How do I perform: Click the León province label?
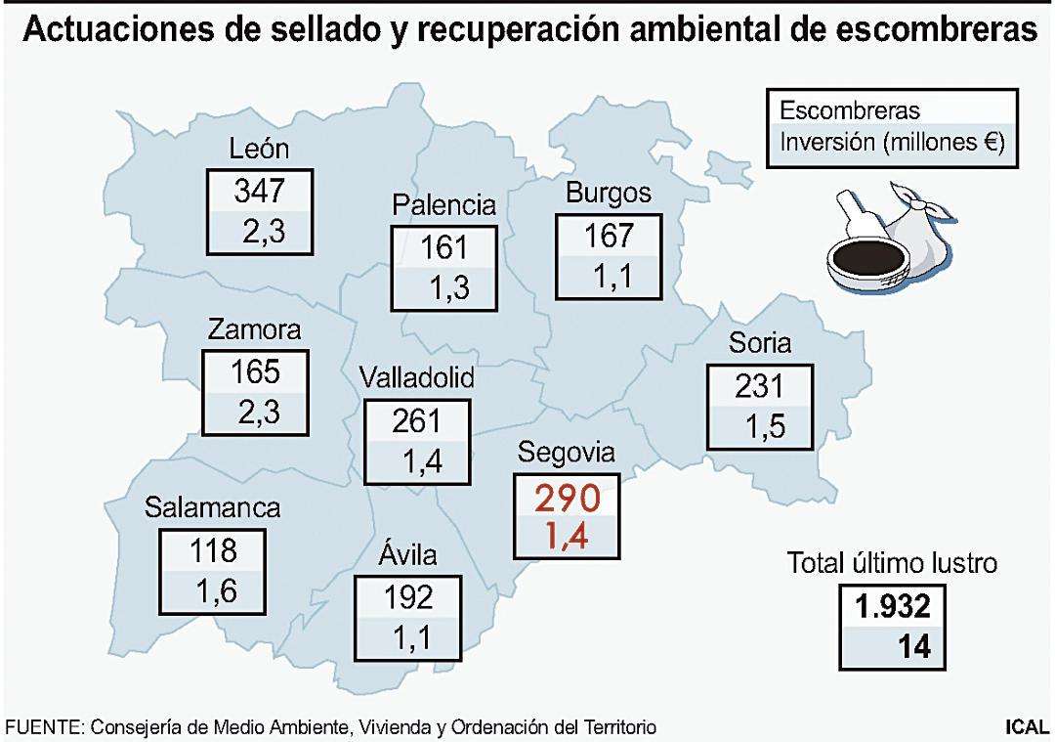[259, 149]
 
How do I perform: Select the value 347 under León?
[259, 191]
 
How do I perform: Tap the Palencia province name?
[444, 205]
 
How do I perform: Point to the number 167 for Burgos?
[608, 236]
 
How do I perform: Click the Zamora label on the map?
[254, 330]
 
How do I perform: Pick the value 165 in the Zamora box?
[254, 372]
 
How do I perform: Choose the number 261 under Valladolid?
[416, 421]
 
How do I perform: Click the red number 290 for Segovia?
[567, 499]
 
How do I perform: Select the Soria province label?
[759, 343]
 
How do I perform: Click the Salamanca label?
[213, 508]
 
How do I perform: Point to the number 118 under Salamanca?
[213, 550]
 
